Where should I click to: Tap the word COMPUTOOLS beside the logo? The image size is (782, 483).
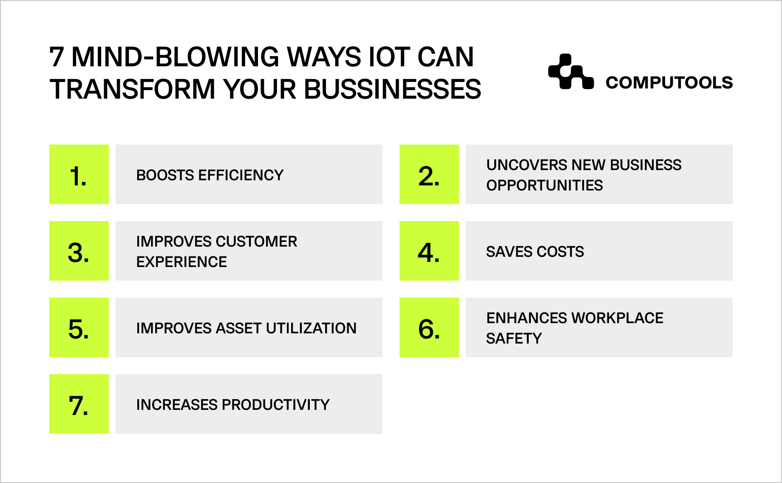click(669, 82)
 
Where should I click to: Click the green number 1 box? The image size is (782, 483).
click(79, 174)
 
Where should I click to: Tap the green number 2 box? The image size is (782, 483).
click(429, 174)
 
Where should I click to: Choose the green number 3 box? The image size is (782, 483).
click(79, 251)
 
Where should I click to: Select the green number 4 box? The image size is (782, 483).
click(429, 251)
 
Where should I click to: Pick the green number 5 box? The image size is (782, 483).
click(79, 327)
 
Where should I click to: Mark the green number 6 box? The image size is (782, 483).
click(429, 327)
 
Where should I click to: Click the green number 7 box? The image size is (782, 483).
click(79, 404)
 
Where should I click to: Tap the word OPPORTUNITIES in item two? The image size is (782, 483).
click(544, 185)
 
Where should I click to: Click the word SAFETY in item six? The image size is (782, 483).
click(514, 338)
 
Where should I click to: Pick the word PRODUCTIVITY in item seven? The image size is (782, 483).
click(275, 405)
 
